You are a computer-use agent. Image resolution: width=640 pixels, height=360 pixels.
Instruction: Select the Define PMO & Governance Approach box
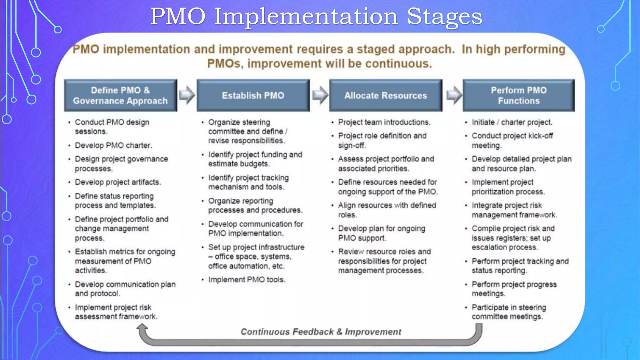[x=121, y=96]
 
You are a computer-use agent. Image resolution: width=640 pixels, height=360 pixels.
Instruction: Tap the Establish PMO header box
[x=253, y=96]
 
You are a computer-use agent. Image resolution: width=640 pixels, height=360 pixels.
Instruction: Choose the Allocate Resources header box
[x=386, y=96]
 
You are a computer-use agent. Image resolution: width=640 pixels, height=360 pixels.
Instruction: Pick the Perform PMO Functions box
[x=519, y=96]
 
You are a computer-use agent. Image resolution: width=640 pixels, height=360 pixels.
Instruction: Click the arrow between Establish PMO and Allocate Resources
[x=320, y=95]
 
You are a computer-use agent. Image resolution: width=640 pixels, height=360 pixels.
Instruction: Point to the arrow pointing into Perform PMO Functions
[x=454, y=95]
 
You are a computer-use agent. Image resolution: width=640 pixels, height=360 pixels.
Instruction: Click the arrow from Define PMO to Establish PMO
[x=187, y=95]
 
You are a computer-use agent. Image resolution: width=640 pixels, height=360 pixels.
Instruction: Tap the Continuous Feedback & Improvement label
[x=321, y=332]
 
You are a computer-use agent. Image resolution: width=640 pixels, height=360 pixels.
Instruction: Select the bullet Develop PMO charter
[x=113, y=146]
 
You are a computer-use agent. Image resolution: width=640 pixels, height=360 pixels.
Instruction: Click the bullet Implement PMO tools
[x=247, y=280]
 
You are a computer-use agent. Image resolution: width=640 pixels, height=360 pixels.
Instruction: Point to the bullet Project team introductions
[x=384, y=122]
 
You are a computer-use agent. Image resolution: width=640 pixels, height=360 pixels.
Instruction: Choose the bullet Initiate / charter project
[x=512, y=122]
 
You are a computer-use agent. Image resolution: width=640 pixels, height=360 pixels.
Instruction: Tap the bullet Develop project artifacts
[x=118, y=182]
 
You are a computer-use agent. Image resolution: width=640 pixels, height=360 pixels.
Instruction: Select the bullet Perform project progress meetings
[x=514, y=289]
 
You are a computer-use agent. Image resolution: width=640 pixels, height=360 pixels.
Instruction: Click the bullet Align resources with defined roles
[x=387, y=210]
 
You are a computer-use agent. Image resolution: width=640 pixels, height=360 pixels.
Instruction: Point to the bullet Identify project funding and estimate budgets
[x=255, y=159]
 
